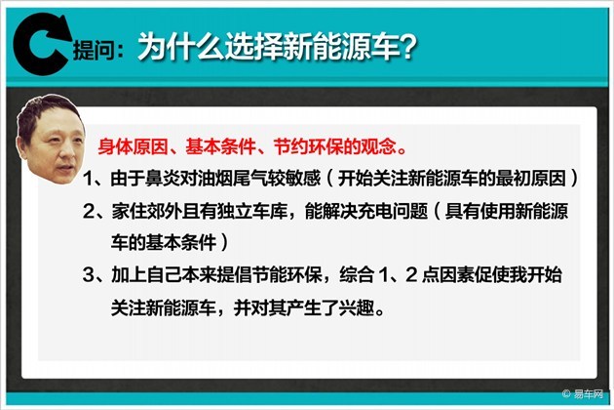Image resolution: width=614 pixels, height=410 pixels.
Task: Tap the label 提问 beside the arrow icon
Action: (93, 50)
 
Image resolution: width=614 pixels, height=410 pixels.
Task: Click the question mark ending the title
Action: (407, 46)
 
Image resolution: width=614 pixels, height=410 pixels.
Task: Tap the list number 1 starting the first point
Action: (89, 179)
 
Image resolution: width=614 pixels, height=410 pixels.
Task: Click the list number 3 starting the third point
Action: (88, 275)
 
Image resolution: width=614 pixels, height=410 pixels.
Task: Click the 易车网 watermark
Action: (588, 394)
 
